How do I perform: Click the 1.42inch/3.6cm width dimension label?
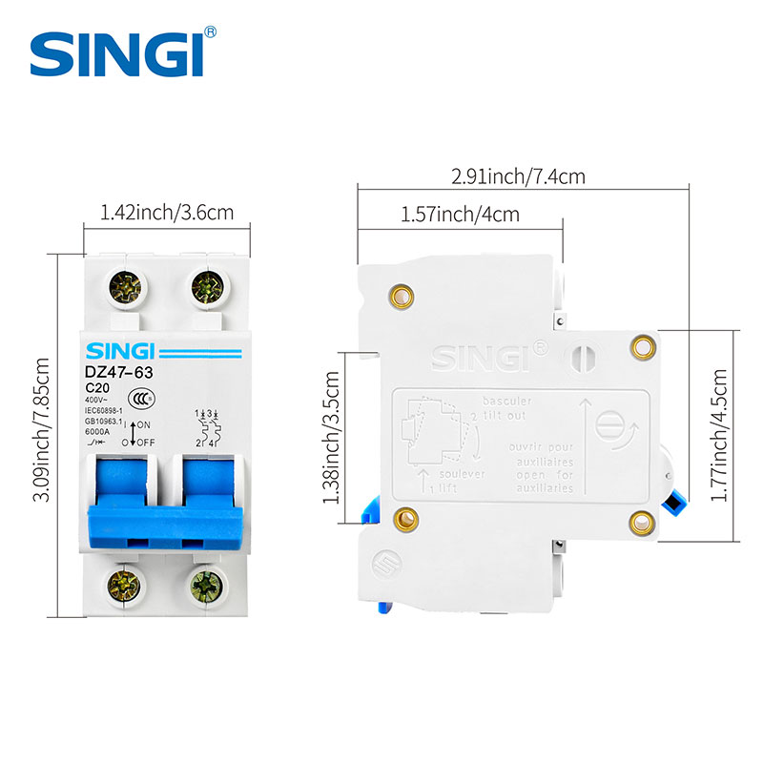[167, 213]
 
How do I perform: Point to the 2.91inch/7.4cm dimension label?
[519, 176]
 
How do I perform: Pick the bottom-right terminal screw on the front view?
[207, 583]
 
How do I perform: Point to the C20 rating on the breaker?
[96, 389]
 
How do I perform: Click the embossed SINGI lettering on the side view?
[485, 356]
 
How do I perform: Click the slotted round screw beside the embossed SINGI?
[582, 358]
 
